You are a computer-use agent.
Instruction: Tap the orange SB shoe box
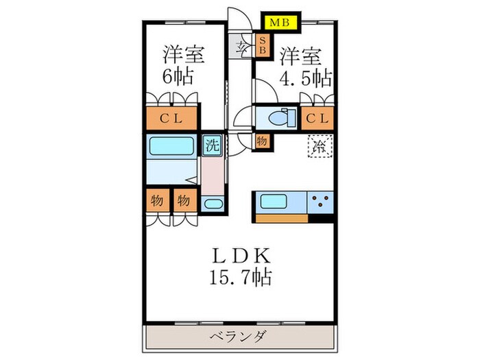click(x=261, y=47)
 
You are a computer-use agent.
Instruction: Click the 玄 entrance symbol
click(x=242, y=47)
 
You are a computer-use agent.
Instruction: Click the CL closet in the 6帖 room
click(x=171, y=119)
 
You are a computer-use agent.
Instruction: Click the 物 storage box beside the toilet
click(x=262, y=141)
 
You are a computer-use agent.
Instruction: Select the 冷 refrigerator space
click(x=318, y=146)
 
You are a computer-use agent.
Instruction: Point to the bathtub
click(x=171, y=146)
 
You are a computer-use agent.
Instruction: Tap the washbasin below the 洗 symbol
click(x=213, y=204)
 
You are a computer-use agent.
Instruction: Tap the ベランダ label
click(x=241, y=336)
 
